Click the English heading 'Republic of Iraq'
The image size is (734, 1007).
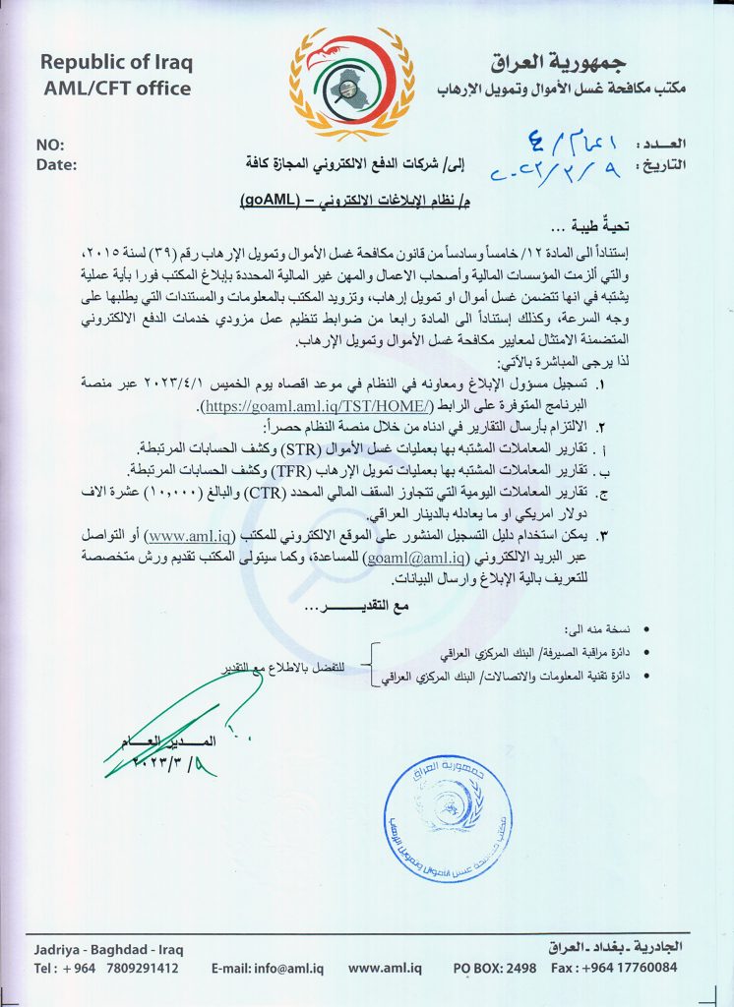[116, 63]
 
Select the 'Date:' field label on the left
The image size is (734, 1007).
[55, 164]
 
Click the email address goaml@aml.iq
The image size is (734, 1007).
[403, 556]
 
